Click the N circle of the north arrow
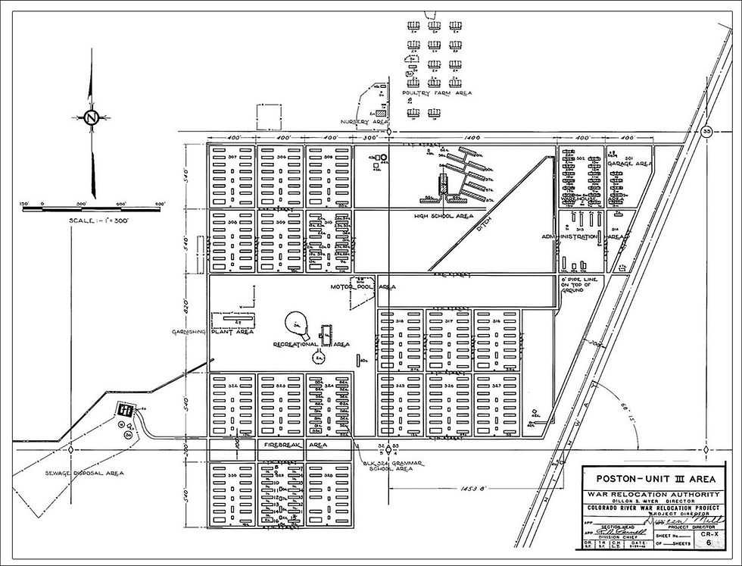tap(92, 117)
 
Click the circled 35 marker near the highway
tap(707, 130)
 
